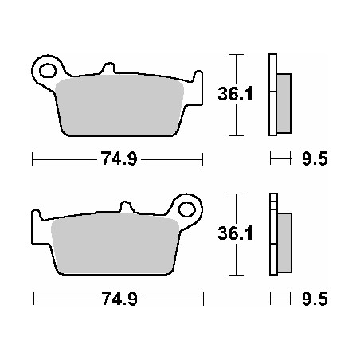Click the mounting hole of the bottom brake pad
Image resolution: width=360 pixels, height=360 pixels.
(188, 209)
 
